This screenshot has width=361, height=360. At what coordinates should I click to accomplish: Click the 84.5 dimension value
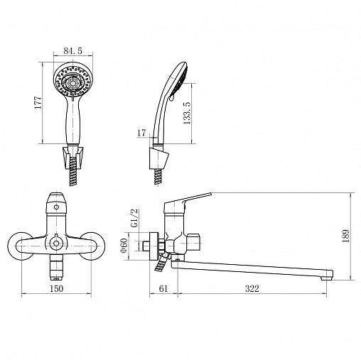(72, 51)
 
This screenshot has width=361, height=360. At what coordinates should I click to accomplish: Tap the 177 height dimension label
(38, 102)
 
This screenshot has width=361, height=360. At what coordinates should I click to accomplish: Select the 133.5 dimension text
(187, 113)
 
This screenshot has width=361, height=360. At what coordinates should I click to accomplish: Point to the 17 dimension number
(141, 133)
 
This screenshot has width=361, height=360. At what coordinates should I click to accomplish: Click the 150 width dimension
(57, 288)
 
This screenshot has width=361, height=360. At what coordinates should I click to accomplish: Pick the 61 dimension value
(163, 288)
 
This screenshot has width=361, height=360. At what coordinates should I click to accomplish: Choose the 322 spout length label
(252, 288)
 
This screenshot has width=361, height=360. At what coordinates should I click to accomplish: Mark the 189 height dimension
(345, 236)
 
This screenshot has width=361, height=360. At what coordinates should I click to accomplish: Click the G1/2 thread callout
(135, 218)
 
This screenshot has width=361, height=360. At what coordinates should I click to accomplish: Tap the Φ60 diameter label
(124, 246)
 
